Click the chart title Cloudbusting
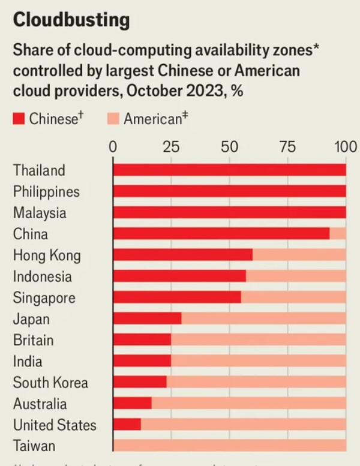tap(71, 20)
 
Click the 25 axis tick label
tap(171, 147)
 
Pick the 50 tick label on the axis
tap(229, 147)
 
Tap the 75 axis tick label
tap(287, 147)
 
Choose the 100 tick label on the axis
tap(345, 147)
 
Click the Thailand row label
tap(39, 170)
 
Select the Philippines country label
tap(46, 192)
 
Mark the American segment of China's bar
tap(338, 234)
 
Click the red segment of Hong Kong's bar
tap(182, 255)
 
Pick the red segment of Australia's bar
tap(132, 404)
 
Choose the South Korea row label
tap(50, 383)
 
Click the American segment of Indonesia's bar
tap(296, 276)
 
